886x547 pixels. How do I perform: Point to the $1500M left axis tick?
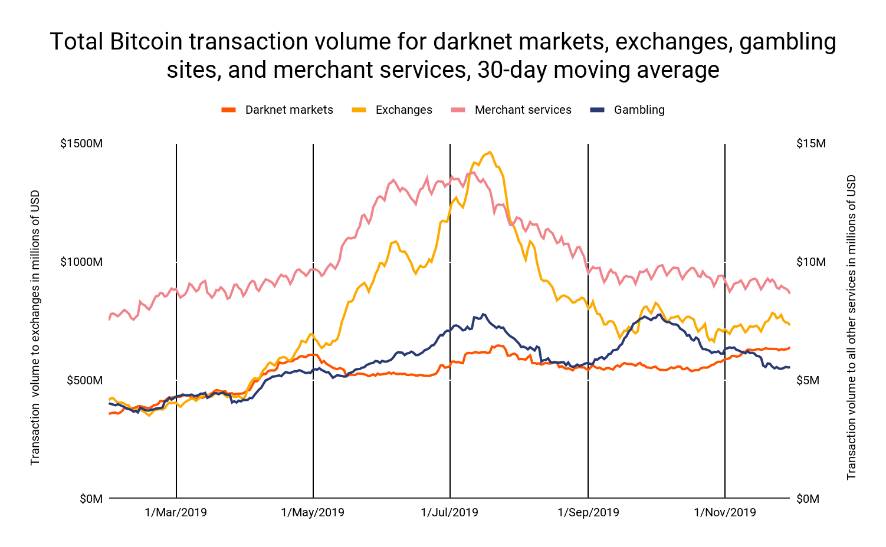(x=81, y=144)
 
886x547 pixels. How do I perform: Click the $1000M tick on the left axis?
(x=81, y=262)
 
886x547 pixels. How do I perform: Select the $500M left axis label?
(x=84, y=380)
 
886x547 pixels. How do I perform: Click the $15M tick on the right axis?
(x=811, y=144)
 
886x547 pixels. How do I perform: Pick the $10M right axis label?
(x=811, y=262)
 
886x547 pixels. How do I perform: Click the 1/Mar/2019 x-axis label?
(x=176, y=512)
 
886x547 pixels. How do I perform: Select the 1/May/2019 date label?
(x=313, y=512)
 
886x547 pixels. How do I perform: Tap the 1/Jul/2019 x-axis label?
(x=449, y=512)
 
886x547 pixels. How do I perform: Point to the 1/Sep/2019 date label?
(x=588, y=512)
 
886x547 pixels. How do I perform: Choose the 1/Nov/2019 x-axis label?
(x=725, y=512)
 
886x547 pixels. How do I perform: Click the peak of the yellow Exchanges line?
(x=490, y=152)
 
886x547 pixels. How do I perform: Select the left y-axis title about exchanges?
(x=35, y=327)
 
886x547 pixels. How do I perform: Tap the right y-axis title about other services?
(x=851, y=327)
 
